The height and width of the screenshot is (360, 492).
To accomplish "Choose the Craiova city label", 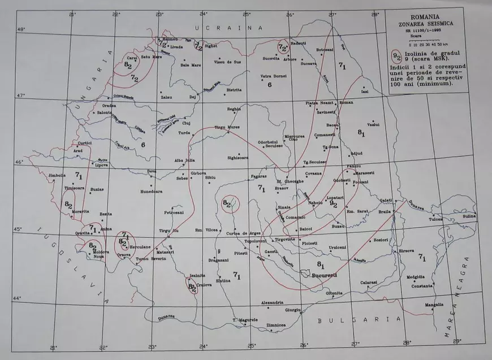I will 204,285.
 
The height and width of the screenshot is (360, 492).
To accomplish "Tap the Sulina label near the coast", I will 470,216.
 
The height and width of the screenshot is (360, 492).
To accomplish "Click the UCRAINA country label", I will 228,28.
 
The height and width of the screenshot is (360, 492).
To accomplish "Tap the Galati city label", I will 386,201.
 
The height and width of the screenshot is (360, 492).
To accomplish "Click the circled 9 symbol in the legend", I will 397,55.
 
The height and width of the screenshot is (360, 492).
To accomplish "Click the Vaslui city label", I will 373,124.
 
